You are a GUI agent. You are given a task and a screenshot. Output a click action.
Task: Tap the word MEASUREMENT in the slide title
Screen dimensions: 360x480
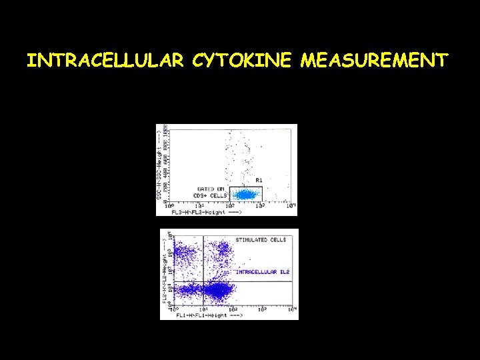374,61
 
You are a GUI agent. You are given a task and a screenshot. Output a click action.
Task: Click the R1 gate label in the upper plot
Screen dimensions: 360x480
259,181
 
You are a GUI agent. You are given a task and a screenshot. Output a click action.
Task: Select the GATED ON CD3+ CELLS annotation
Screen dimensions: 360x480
210,191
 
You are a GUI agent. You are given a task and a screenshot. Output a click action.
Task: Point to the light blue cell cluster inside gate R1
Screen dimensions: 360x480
246,195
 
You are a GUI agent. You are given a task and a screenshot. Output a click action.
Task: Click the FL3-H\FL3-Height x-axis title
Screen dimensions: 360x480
198,212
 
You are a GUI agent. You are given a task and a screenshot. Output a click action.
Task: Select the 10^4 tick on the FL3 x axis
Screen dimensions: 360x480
291,205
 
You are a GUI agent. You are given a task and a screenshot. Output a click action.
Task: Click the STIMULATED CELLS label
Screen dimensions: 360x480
261,239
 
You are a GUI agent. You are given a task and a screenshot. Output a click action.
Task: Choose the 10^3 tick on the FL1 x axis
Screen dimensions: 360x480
263,309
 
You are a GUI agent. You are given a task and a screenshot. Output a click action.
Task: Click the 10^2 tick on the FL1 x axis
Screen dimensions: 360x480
233,309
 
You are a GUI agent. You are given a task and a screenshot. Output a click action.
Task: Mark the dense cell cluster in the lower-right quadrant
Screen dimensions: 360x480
217,291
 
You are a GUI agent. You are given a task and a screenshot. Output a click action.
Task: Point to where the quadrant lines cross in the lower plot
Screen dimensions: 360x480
203,281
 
